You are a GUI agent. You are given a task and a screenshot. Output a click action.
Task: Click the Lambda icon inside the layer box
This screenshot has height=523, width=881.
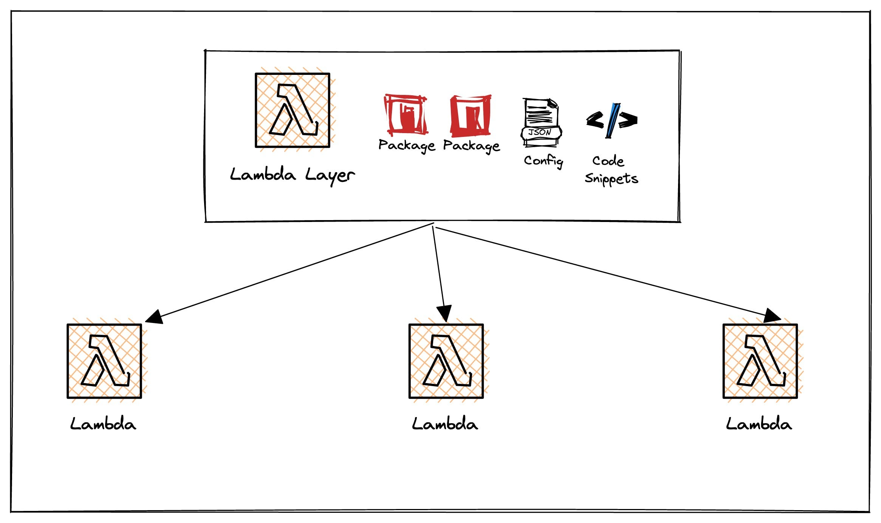pyautogui.click(x=293, y=110)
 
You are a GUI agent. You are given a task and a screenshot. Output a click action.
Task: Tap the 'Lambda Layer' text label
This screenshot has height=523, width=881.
pyautogui.click(x=292, y=175)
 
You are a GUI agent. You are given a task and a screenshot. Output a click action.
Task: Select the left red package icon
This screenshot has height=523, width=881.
pyautogui.click(x=406, y=115)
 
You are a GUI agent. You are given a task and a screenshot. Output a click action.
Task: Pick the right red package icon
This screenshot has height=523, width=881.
pyautogui.click(x=471, y=115)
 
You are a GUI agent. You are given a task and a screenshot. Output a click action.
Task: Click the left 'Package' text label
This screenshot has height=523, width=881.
pyautogui.click(x=407, y=146)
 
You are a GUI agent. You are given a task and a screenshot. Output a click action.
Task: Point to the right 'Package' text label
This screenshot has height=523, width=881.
pyautogui.click(x=471, y=146)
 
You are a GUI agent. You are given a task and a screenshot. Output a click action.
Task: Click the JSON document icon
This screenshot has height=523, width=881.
pyautogui.click(x=541, y=122)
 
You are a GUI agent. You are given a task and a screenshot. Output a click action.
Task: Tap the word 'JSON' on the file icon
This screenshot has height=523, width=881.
pyautogui.click(x=540, y=132)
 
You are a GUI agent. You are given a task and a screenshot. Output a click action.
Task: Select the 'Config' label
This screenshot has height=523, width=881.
pyautogui.click(x=543, y=161)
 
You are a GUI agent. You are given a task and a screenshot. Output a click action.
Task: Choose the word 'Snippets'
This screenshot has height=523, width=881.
pyautogui.click(x=611, y=178)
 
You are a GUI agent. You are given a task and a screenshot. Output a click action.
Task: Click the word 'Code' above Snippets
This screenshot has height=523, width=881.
pyautogui.click(x=608, y=161)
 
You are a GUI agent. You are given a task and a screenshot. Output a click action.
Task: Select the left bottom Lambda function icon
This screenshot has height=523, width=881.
pyautogui.click(x=104, y=361)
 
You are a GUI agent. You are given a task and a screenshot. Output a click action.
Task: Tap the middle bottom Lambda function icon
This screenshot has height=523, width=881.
pyautogui.click(x=446, y=361)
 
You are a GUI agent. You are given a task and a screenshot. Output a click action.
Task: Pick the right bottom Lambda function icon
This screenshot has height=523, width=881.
pyautogui.click(x=760, y=361)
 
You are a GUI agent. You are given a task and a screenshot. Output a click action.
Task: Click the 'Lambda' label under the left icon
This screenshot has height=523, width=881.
pyautogui.click(x=103, y=424)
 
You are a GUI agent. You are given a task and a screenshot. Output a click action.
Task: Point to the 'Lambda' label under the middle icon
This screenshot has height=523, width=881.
pyautogui.click(x=445, y=424)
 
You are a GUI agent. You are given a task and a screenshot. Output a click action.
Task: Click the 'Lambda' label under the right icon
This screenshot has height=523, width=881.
pyautogui.click(x=759, y=424)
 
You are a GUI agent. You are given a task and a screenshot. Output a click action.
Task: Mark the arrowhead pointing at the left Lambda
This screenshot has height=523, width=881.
pyautogui.click(x=155, y=317)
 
